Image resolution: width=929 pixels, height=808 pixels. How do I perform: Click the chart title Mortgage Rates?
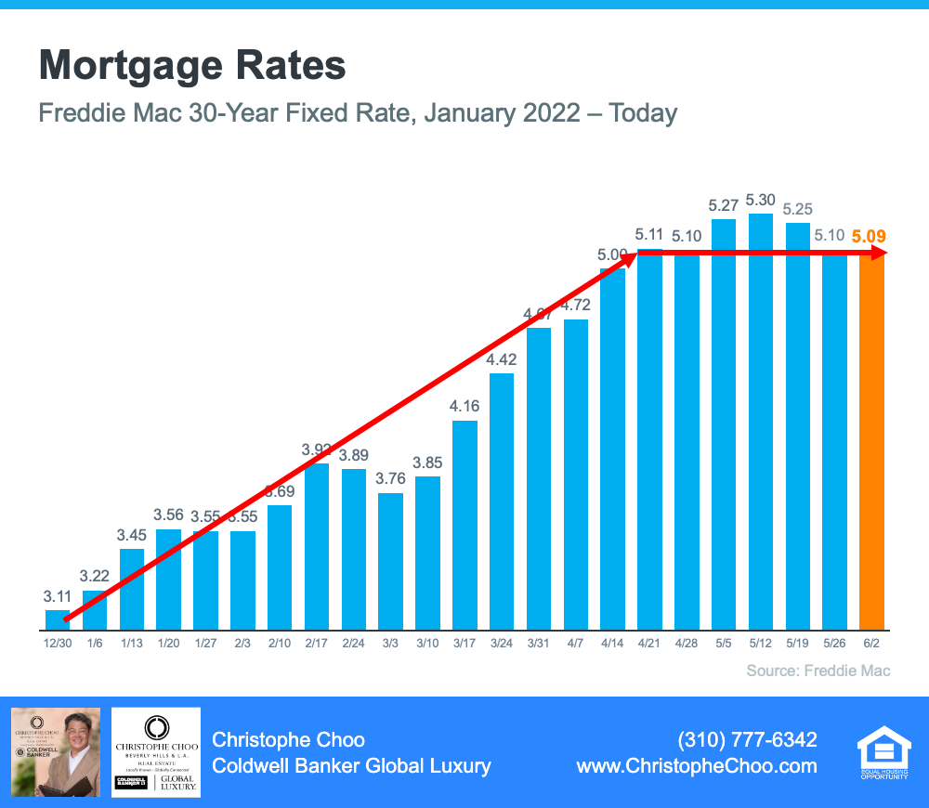point(192,67)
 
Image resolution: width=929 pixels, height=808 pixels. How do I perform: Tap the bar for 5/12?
point(761,423)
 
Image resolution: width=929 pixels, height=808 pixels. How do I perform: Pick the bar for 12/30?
point(58,619)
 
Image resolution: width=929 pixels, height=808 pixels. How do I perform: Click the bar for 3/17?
point(464,525)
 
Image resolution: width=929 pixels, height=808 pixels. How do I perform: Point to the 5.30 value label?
point(761,200)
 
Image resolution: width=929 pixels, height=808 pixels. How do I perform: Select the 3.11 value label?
point(58,595)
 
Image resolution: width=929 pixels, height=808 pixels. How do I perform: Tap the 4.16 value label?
point(464,406)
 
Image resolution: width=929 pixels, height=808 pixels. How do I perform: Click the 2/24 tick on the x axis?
point(353,644)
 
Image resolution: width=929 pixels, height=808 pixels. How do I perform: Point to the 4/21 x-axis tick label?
point(648,644)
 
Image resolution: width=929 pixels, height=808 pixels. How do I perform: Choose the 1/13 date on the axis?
point(132,644)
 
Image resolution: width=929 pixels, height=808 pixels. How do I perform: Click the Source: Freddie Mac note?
point(818,670)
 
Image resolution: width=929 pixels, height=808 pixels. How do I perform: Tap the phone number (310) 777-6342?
point(748,739)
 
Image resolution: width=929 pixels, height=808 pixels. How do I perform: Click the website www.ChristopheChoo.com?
point(697,766)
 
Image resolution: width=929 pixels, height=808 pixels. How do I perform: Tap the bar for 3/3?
point(391,562)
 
